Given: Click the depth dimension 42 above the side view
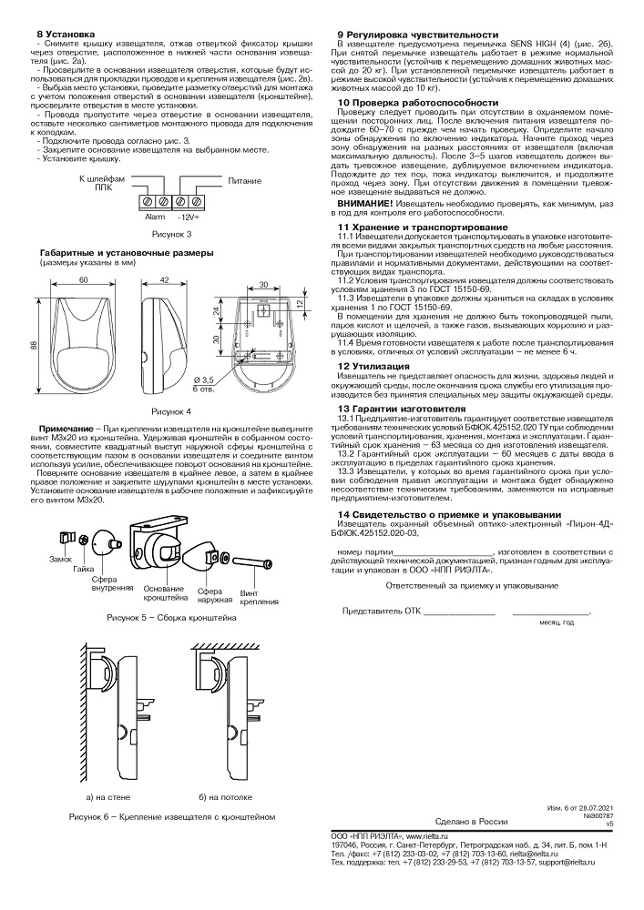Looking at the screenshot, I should [x=164, y=282].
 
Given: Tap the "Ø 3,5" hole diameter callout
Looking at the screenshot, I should [x=229, y=379].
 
